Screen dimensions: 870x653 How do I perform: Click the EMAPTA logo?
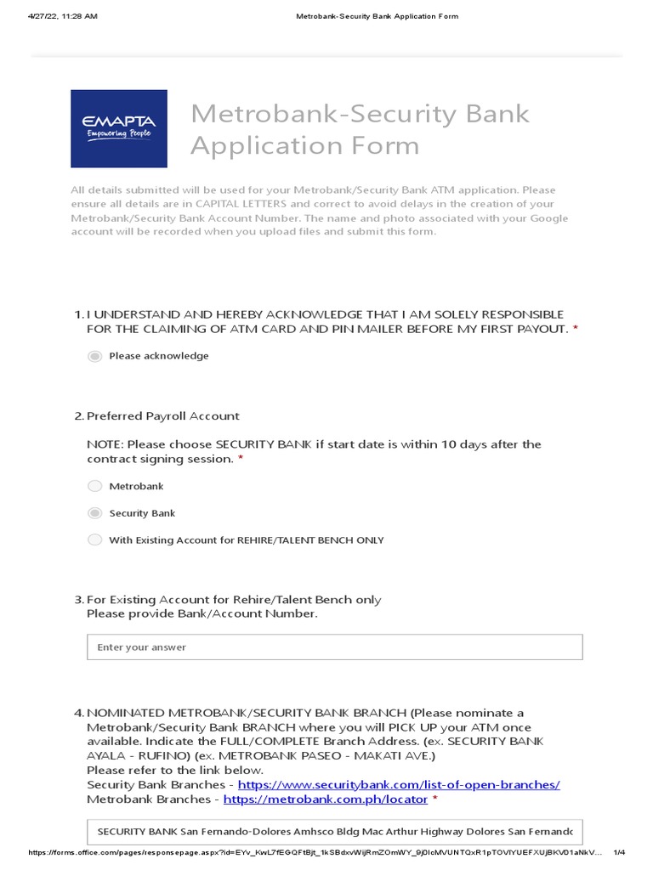[119, 128]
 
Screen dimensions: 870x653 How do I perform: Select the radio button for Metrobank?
[94, 486]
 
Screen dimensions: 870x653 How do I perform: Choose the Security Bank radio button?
[94, 513]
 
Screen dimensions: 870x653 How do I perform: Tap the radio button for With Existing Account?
[94, 540]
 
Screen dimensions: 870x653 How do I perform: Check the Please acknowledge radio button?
[94, 356]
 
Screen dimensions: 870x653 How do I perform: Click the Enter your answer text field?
[334, 647]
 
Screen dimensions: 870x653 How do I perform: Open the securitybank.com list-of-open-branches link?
[399, 785]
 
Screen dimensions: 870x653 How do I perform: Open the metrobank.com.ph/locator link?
[326, 799]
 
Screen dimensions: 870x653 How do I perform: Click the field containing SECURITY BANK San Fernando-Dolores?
[334, 831]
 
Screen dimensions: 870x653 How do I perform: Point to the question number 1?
[78, 314]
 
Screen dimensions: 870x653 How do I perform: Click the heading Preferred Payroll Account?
[163, 416]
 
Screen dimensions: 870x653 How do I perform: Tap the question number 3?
[78, 600]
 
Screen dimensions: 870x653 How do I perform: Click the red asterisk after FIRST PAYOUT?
[576, 329]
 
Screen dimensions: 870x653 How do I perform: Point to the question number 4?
[78, 713]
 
